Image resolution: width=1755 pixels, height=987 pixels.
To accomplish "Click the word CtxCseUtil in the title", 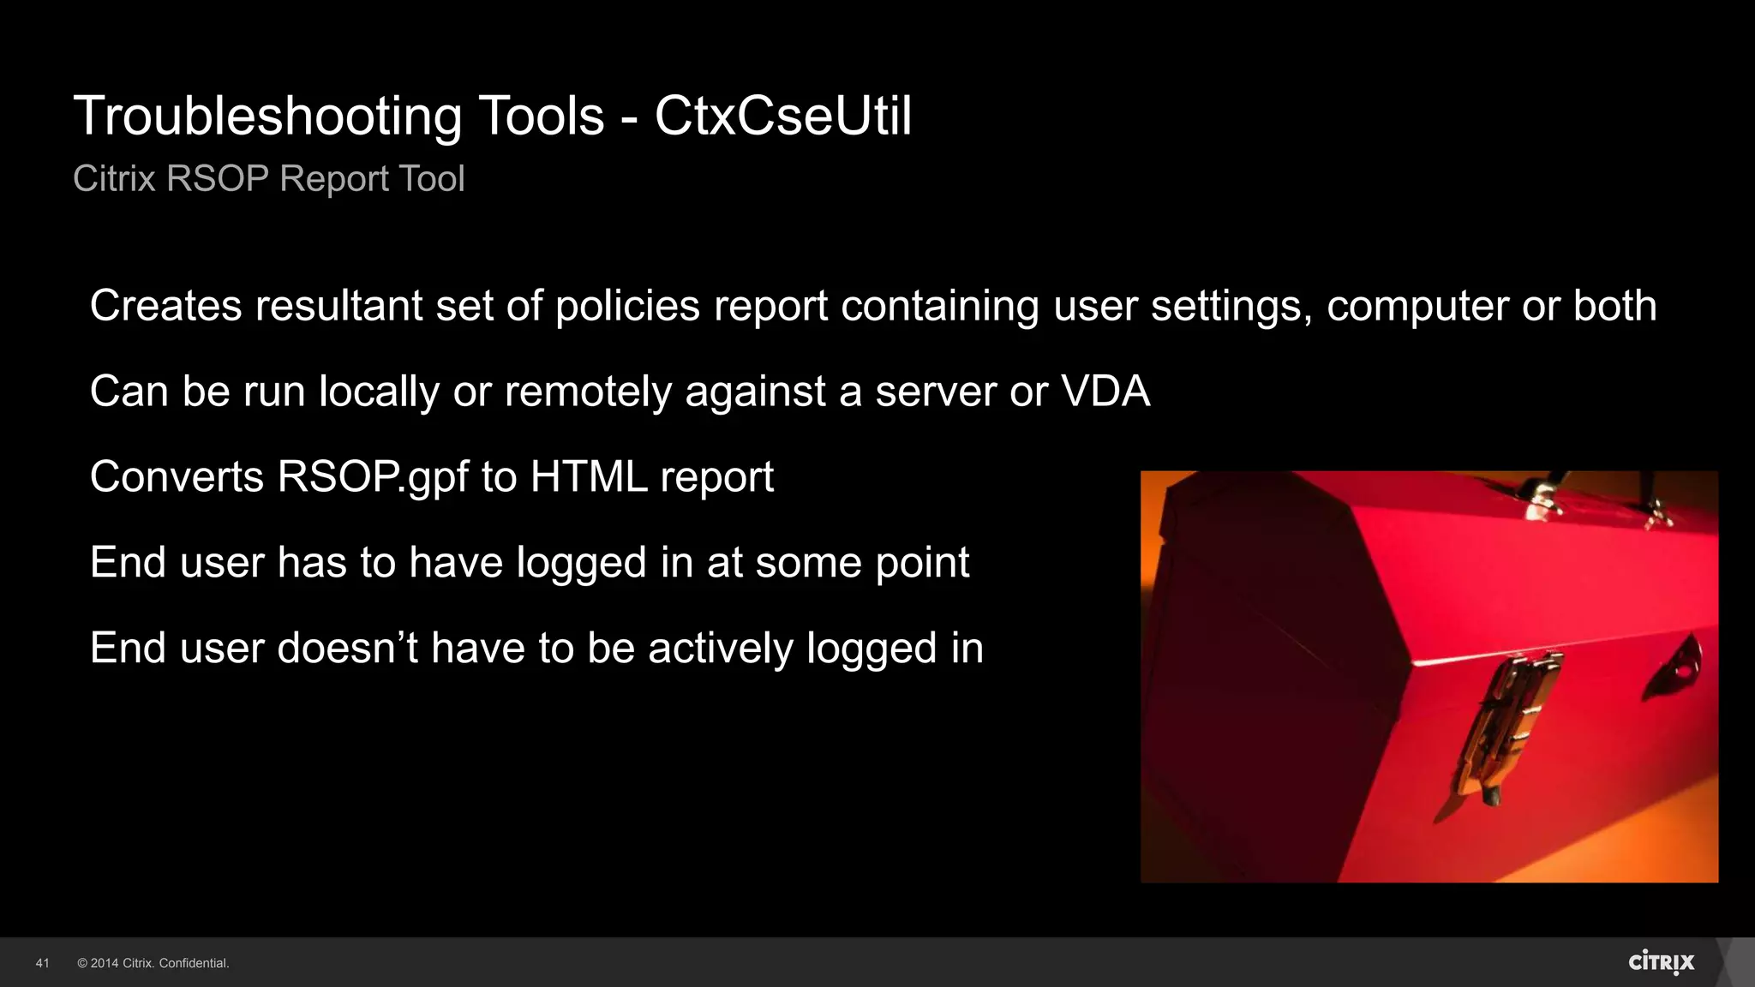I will point(783,116).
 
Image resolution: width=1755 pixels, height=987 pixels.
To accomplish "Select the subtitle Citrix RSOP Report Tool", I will point(268,178).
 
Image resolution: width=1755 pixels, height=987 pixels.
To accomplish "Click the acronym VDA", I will point(1105,392).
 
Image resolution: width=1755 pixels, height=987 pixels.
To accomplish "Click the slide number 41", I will point(42,963).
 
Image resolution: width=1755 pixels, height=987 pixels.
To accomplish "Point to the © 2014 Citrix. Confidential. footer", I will point(153,963).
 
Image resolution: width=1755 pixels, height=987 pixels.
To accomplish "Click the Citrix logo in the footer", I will point(1661,962).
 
